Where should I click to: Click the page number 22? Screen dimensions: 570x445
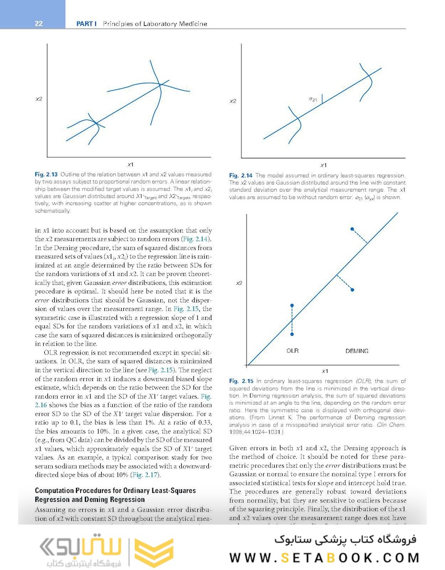[x=38, y=23]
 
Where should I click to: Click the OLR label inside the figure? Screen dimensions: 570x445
[x=293, y=350]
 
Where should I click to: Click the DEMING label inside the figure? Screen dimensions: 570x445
[x=357, y=351]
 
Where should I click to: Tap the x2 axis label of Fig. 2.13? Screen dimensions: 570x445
[x=39, y=99]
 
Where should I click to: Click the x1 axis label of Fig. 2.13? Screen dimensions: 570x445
[x=130, y=165]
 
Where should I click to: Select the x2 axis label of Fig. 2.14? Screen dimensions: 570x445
[x=233, y=101]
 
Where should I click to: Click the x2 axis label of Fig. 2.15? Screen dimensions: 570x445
[x=239, y=283]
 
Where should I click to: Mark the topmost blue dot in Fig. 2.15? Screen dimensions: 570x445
[x=353, y=229]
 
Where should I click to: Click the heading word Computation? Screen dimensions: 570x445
[x=57, y=490]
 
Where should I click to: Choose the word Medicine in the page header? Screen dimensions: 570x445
[x=192, y=23]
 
